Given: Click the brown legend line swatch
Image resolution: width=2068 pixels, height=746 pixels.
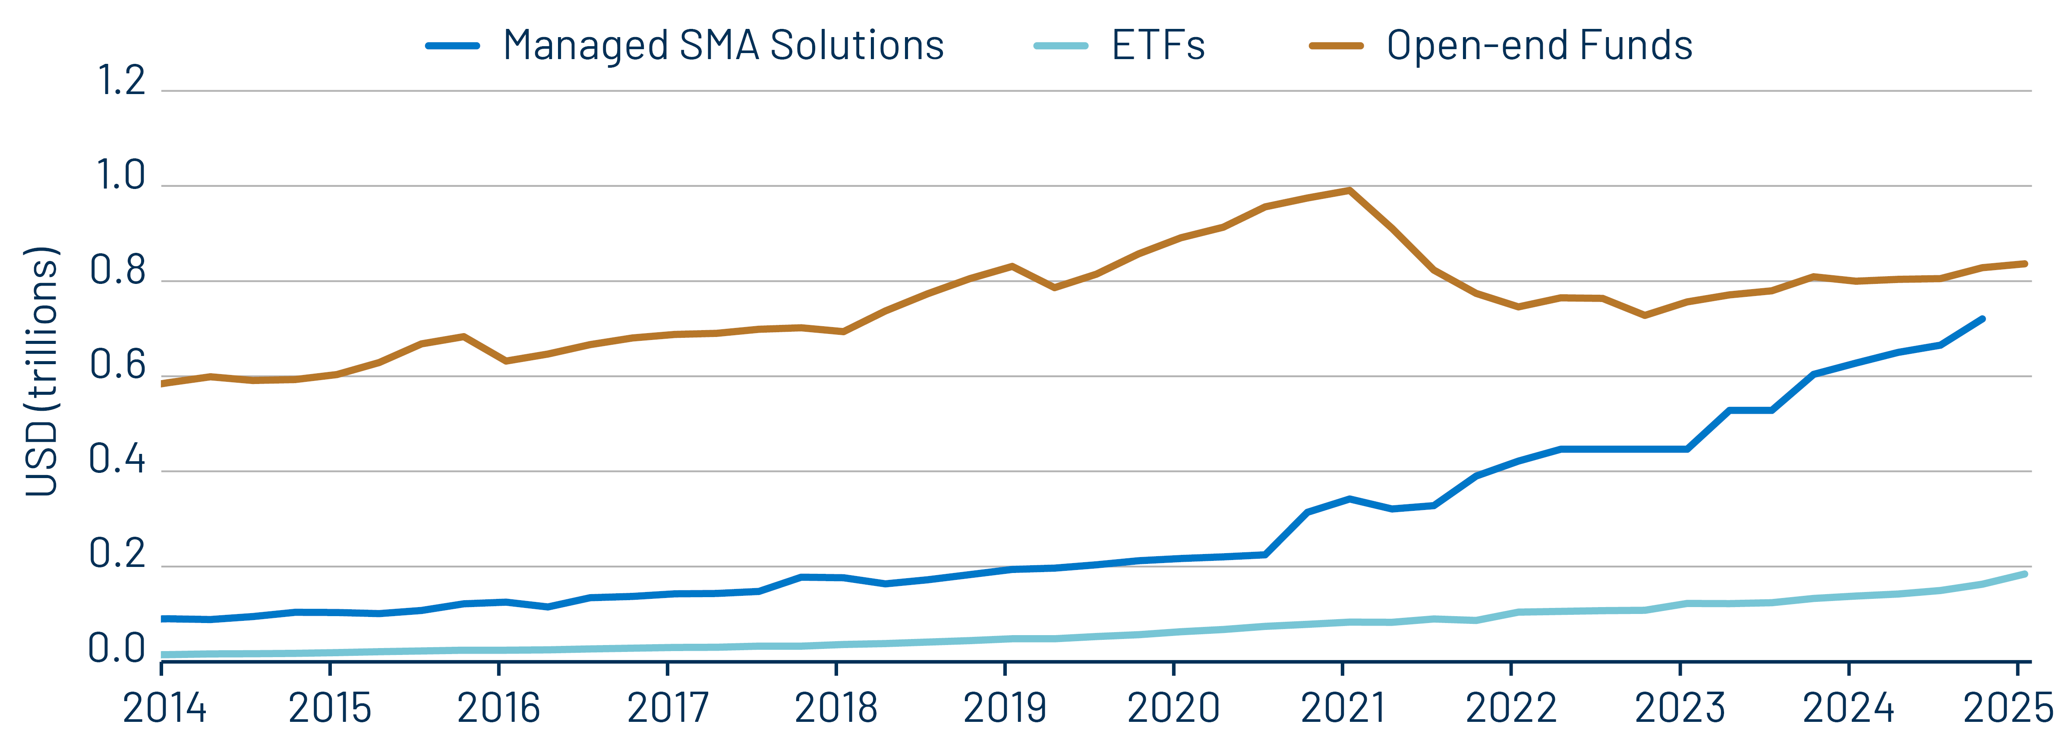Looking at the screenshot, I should click(1336, 46).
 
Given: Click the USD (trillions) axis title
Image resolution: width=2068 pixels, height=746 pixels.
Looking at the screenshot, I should click(42, 371).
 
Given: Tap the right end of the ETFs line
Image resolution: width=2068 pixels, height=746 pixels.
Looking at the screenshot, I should click(2025, 574).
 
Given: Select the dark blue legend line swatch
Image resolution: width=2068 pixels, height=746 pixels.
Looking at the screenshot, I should click(453, 46).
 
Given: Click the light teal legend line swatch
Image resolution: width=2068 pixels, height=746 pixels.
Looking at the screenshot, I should click(1060, 46).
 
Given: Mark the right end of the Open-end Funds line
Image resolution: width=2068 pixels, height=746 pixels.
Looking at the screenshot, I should click(2025, 263).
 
